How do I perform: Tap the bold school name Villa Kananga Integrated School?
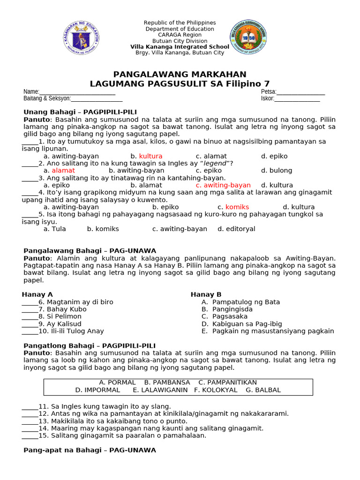click(180, 47)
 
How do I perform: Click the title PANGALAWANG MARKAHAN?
click(180, 75)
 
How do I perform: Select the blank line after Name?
click(77, 92)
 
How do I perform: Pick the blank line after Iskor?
click(297, 99)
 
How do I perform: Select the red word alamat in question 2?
click(63, 171)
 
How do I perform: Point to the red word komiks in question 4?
click(237, 207)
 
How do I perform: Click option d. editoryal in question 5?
click(236, 229)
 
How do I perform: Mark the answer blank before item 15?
click(30, 435)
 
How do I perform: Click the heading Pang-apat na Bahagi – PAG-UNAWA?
click(90, 450)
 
